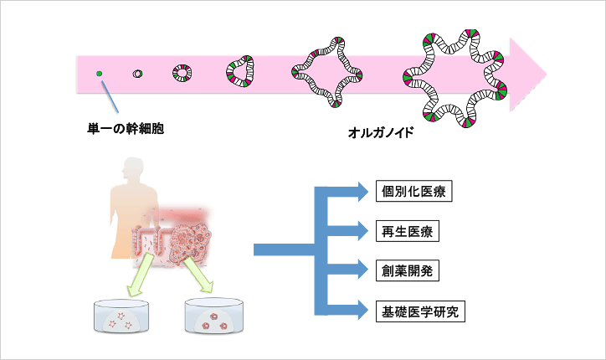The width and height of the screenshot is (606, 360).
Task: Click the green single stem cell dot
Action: point(99,74)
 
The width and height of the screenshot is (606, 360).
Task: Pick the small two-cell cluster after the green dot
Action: point(137,74)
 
